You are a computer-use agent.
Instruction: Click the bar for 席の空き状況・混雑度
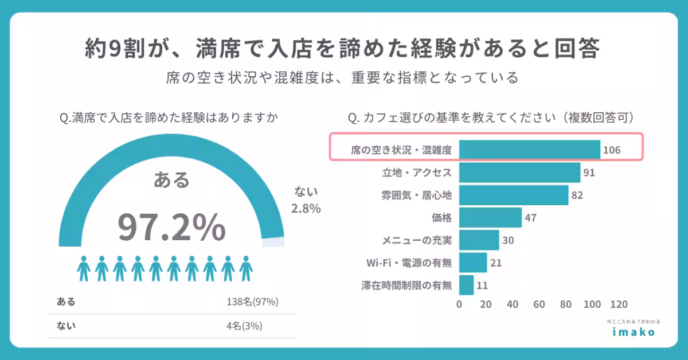[x=529, y=150]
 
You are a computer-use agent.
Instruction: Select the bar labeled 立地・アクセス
[x=519, y=173]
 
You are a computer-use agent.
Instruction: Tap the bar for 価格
[x=490, y=218]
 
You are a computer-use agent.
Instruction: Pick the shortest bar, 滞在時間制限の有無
[x=466, y=285]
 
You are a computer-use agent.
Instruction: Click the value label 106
[x=612, y=150]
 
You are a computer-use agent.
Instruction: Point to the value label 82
[x=577, y=195]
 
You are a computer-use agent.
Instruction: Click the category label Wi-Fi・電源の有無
[x=409, y=263]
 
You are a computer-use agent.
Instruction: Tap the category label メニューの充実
[x=417, y=240]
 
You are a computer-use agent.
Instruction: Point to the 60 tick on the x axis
[x=539, y=304]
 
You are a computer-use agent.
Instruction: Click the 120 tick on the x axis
[x=619, y=304]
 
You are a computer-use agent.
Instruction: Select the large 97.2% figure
[x=171, y=227]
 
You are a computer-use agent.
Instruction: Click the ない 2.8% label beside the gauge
[x=306, y=200]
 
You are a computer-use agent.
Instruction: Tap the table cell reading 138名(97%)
[x=252, y=302]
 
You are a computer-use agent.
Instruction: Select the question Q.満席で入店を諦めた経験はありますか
[x=169, y=118]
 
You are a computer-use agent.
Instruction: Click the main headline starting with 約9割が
[x=343, y=49]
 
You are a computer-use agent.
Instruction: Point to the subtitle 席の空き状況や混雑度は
[x=343, y=77]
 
